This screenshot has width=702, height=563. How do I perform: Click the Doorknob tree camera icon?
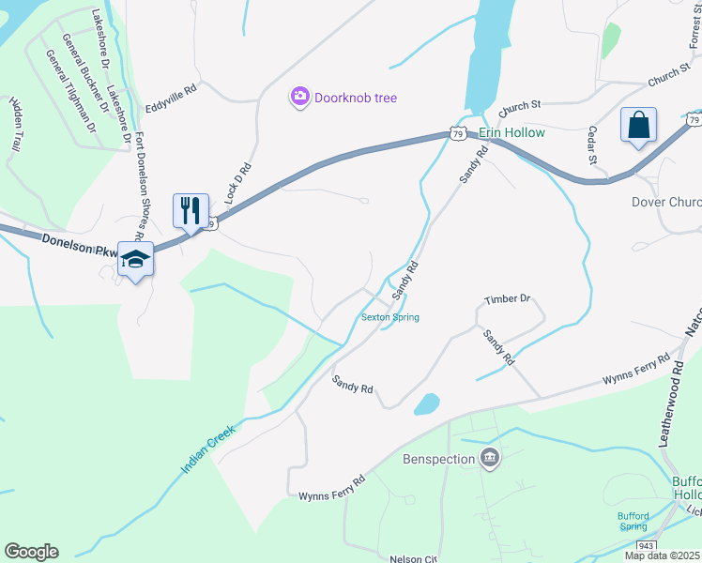299,98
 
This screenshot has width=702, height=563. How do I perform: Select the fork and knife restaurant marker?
191,210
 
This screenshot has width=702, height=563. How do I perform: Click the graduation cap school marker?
135,262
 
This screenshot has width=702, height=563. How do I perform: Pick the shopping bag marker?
638,125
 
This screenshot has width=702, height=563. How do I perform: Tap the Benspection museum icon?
489,459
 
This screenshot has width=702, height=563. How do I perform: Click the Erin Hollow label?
511,133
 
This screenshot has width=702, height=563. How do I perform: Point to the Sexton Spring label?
390,317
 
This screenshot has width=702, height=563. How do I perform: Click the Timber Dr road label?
508,299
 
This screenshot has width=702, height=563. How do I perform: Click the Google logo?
31,552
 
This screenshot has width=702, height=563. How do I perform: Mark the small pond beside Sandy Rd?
427,403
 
